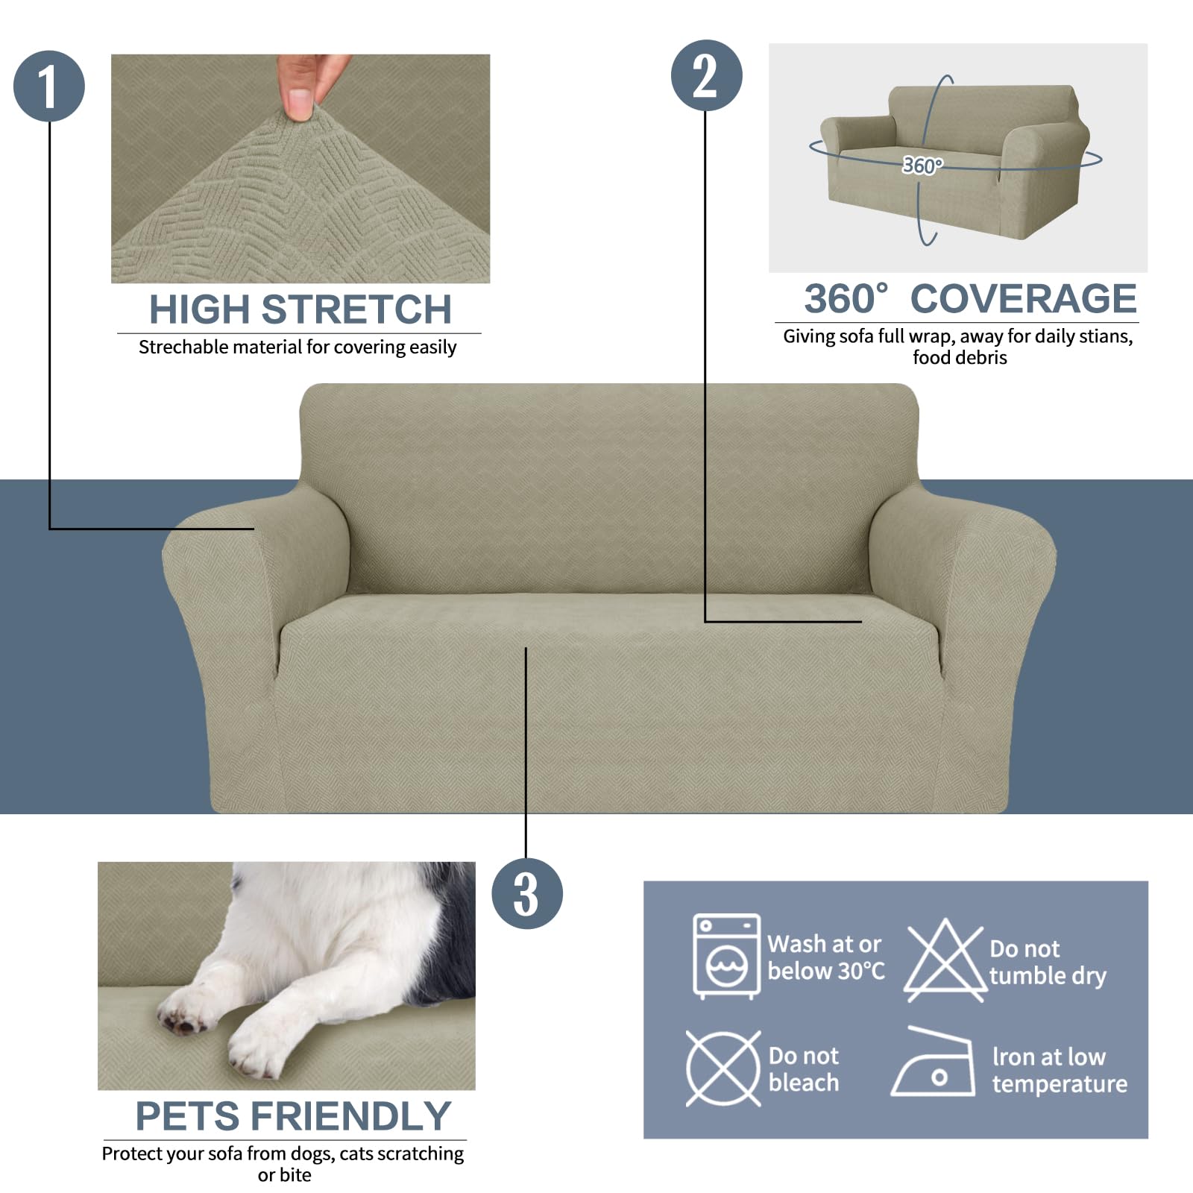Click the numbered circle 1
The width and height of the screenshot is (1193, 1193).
pos(49,86)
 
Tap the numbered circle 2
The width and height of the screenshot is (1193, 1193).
pos(706,76)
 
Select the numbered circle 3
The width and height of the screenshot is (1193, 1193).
pos(526,893)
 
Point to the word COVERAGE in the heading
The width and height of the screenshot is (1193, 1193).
pos(1023,299)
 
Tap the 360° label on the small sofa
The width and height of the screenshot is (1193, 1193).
pos(922,165)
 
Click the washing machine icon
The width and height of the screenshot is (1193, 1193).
pos(726,956)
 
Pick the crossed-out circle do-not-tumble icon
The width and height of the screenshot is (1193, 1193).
pos(723,1068)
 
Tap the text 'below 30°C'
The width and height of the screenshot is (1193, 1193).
pos(826,971)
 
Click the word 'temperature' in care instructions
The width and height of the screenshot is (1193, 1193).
pos(1060,1083)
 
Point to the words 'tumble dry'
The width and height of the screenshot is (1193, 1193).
pos(1048,975)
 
